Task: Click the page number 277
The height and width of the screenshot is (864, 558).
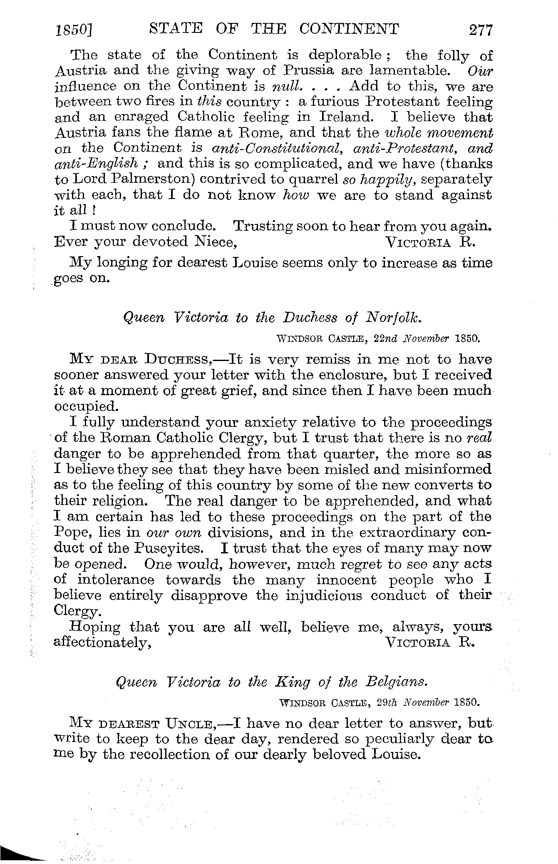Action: (x=480, y=30)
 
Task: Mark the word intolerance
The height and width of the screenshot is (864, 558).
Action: (x=116, y=580)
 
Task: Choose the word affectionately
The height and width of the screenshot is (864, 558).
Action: (x=102, y=643)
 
